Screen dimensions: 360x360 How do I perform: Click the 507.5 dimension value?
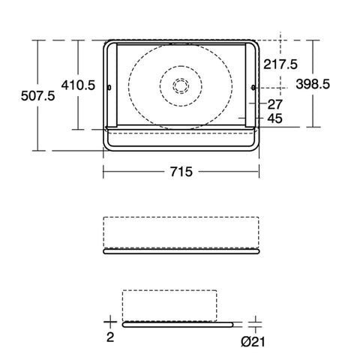click(37, 96)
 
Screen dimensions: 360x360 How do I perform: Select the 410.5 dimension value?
click(78, 85)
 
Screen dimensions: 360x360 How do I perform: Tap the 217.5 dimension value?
click(280, 64)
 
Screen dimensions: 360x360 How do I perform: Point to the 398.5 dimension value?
click(313, 84)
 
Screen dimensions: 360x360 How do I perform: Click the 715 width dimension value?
click(181, 172)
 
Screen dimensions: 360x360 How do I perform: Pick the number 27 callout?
click(275, 104)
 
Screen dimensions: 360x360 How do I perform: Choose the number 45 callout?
click(275, 118)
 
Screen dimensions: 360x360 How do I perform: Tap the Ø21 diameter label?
click(253, 342)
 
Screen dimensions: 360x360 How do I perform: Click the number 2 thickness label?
click(110, 337)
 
